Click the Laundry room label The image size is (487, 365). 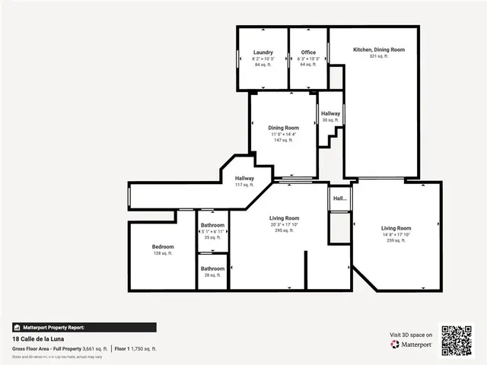click(x=263, y=52)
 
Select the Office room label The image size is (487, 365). click(x=308, y=52)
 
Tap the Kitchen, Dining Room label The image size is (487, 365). click(x=378, y=49)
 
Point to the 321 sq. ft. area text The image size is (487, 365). click(x=378, y=56)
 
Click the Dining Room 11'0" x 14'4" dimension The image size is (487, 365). click(x=283, y=134)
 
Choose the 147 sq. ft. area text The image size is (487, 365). click(x=283, y=140)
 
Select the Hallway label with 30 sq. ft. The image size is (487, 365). click(x=330, y=113)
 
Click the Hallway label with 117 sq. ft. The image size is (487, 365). click(x=244, y=178)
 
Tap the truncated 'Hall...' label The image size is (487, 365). click(x=339, y=198)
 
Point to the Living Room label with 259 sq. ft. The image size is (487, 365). click(x=396, y=228)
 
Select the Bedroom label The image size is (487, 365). click(x=163, y=246)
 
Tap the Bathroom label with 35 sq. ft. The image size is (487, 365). click(x=212, y=225)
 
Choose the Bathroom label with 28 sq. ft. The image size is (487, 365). click(x=212, y=268)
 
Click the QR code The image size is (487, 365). click(x=457, y=340)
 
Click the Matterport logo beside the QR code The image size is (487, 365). click(x=412, y=344)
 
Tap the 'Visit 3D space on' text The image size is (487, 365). click(x=412, y=335)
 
